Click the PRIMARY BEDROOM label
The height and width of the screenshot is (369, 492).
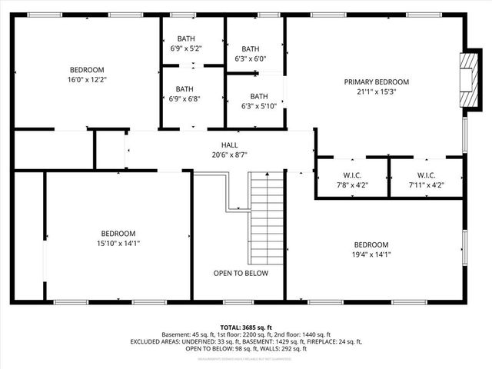[x=376, y=82]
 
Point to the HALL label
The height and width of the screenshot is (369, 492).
[x=230, y=145]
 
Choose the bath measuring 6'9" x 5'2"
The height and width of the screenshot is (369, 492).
[x=185, y=44]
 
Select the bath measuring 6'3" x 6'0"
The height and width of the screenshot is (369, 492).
[x=250, y=53]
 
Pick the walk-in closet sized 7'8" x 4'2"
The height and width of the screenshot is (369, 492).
[x=353, y=179]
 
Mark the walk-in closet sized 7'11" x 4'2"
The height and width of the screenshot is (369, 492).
[x=426, y=179]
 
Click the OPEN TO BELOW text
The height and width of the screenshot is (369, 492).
[x=241, y=273]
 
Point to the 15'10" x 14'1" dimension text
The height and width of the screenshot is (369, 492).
[x=118, y=244]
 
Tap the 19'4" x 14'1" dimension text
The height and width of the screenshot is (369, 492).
[x=371, y=254]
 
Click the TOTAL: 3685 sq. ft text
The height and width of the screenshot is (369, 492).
[x=245, y=327]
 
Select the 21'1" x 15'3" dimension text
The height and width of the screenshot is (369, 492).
[x=376, y=92]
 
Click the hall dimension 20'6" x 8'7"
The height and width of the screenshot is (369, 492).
[x=230, y=155]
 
